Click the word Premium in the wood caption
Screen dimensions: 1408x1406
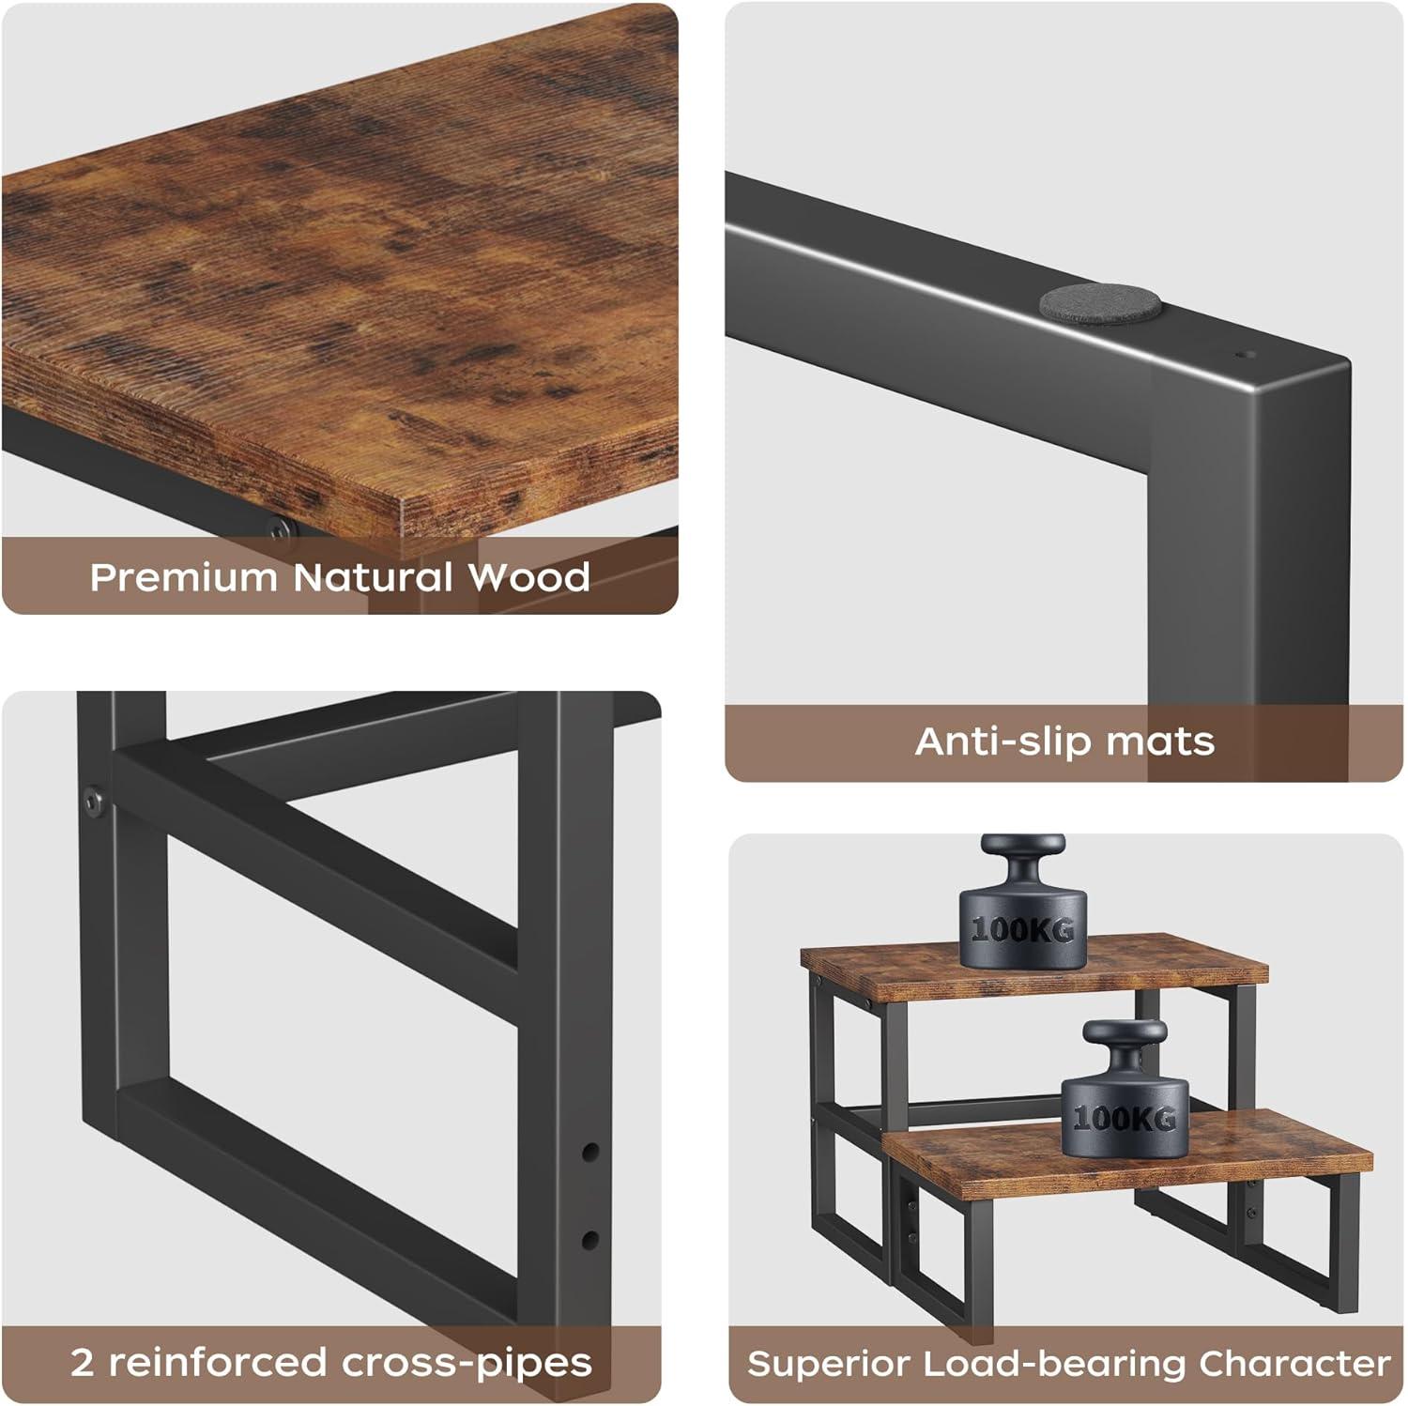click(x=185, y=577)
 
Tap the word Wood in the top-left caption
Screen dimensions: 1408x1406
click(x=529, y=577)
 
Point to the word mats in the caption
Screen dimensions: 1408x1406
click(x=1160, y=742)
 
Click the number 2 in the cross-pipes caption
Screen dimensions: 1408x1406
click(x=83, y=1363)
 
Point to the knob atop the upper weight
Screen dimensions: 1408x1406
click(x=1021, y=857)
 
